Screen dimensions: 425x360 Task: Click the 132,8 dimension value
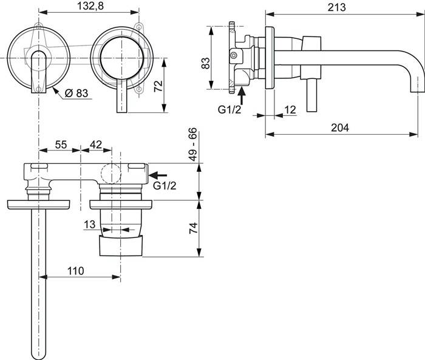coord(90,6)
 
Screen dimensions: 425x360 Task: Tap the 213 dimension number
coord(336,7)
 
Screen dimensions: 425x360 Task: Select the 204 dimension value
coord(340,127)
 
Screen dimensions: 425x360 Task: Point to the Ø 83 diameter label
coord(76,93)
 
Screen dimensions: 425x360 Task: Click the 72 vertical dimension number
coord(158,86)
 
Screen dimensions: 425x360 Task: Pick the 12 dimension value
coord(290,110)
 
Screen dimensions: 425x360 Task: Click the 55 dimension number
coord(61,144)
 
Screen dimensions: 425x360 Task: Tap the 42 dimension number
coord(96,144)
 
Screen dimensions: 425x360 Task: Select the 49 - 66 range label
coord(192,144)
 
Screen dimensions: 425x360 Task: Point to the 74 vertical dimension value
coord(194,228)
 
